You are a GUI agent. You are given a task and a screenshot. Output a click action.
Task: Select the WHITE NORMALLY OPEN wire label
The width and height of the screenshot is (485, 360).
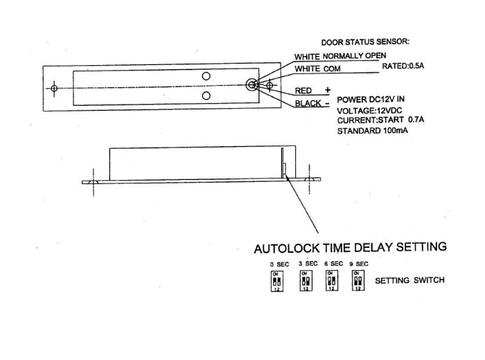[x=340, y=56]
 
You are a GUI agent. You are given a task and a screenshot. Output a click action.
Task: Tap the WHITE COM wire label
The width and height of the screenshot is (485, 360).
[x=319, y=69]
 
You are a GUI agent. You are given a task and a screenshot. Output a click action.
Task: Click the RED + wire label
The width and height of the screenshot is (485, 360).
[x=313, y=91]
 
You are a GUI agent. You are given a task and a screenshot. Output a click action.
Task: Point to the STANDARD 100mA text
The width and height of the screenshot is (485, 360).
[x=372, y=132]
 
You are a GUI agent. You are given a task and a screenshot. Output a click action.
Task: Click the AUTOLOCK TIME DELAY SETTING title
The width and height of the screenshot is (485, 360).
[x=350, y=247]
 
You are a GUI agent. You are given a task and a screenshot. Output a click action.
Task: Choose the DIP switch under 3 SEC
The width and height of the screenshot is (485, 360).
[x=305, y=280]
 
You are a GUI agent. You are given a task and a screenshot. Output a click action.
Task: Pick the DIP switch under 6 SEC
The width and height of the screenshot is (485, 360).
[x=332, y=280]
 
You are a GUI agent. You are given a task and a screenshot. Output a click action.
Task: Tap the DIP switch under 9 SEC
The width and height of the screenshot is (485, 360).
[x=358, y=280]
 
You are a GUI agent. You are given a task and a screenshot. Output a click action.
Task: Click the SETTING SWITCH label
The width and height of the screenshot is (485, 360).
[x=409, y=281]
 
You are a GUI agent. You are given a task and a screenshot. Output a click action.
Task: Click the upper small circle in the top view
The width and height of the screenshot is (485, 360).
[x=206, y=75]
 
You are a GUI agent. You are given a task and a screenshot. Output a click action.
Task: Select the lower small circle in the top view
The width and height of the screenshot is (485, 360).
[x=206, y=95]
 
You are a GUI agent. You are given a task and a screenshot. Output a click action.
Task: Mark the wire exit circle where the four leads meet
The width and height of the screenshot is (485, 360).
[x=252, y=85]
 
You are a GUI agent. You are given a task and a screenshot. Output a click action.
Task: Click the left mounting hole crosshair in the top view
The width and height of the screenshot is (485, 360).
[x=55, y=88]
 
